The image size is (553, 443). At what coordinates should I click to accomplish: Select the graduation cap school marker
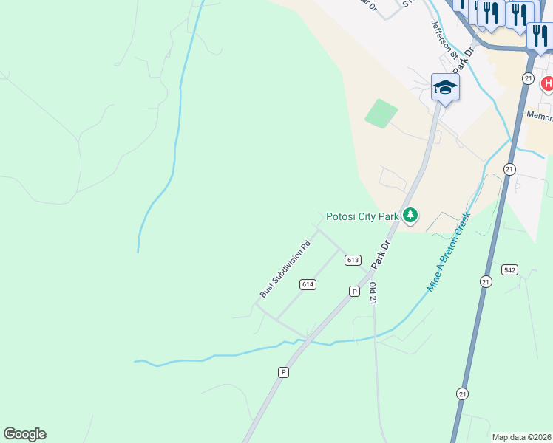pyautogui.click(x=445, y=88)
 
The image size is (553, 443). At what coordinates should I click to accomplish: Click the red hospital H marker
pyautogui.click(x=547, y=83)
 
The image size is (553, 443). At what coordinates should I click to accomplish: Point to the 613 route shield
pyautogui.click(x=352, y=260)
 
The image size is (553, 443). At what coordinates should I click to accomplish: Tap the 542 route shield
pyautogui.click(x=509, y=269)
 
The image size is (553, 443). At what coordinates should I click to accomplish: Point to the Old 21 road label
pyautogui.click(x=373, y=293)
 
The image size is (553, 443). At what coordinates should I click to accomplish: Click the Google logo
pyautogui.click(x=24, y=434)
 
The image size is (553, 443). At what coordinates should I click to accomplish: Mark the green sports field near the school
pyautogui.click(x=381, y=113)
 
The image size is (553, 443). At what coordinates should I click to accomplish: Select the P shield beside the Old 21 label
pyautogui.click(x=354, y=292)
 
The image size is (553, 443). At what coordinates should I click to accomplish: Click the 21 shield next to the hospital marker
pyautogui.click(x=527, y=78)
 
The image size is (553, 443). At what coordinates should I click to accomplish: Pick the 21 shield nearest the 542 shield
pyautogui.click(x=485, y=281)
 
